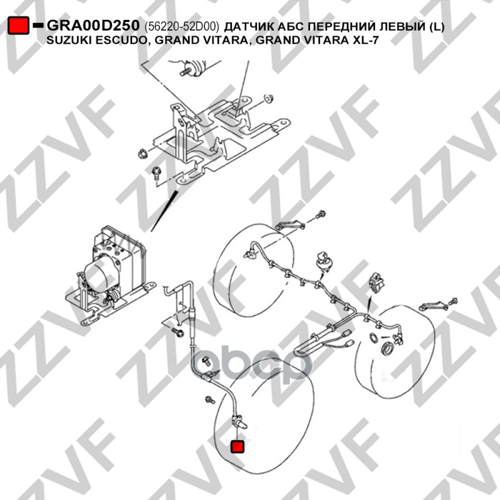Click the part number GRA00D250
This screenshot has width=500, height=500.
tap(93, 26)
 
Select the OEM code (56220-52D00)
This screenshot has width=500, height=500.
tap(182, 27)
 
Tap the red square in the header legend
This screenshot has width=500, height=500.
tap(18, 26)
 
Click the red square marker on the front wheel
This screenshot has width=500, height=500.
tap(237, 446)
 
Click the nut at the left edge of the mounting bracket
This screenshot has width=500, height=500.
tap(141, 153)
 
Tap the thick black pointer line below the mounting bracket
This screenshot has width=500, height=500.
tap(164, 211)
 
